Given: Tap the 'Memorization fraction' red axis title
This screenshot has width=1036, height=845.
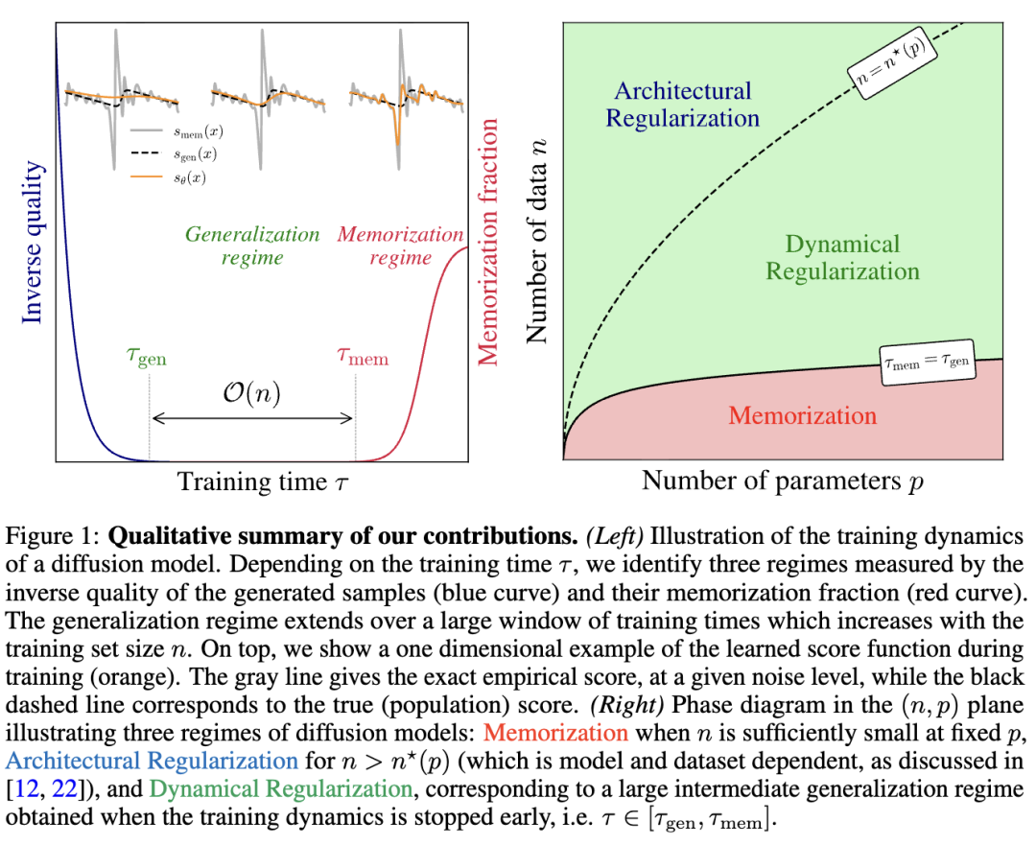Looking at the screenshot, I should coord(488,242).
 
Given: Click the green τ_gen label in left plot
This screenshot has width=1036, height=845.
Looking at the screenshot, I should coord(146,358).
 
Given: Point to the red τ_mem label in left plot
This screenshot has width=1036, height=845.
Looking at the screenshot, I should coord(363,358).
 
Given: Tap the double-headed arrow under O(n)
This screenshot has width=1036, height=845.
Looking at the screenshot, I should coord(253,417).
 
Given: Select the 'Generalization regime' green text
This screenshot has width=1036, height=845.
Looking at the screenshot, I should coord(252,246).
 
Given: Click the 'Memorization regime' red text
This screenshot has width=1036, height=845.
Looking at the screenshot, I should coord(400,246).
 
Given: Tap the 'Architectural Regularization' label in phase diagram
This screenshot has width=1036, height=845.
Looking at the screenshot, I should coord(683,105).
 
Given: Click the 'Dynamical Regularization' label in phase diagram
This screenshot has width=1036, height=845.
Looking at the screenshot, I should coord(841,257).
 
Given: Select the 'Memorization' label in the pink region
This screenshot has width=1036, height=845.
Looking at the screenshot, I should coord(802,415).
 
